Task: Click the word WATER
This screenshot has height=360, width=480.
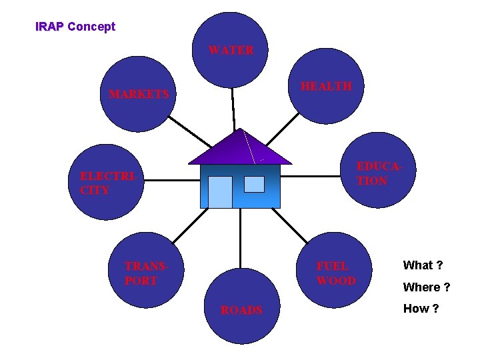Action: (231, 50)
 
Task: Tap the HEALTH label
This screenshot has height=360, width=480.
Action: (326, 86)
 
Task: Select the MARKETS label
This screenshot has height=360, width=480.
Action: (139, 95)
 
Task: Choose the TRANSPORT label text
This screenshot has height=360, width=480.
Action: (145, 273)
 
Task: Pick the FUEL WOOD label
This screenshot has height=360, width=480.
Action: (336, 273)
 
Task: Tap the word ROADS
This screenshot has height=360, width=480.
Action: (241, 310)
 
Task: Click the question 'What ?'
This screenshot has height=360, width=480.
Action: (423, 265)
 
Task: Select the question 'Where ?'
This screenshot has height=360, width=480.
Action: (427, 287)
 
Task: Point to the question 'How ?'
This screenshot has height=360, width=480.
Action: (421, 309)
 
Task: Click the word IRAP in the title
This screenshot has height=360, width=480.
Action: (49, 27)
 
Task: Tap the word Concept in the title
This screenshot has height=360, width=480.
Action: (91, 27)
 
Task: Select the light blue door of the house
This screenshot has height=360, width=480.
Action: (220, 192)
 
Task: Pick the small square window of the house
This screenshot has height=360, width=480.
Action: (254, 184)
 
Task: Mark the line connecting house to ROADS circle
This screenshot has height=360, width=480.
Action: (241, 240)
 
